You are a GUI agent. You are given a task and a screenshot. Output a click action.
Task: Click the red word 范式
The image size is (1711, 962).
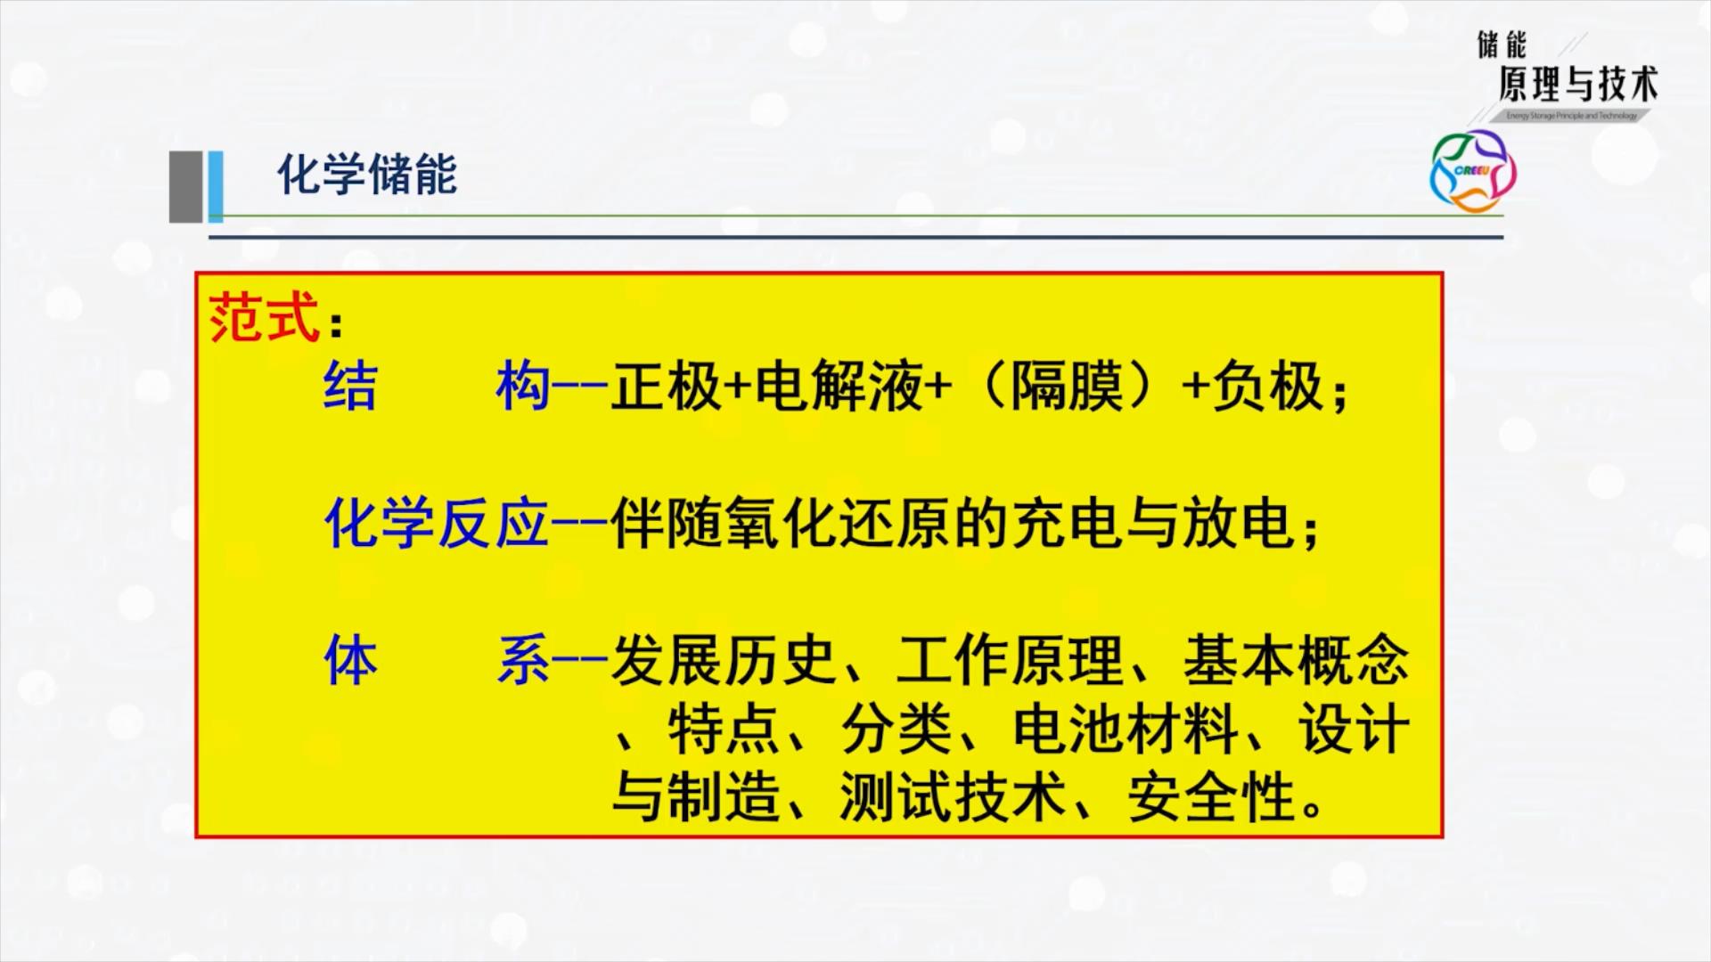click(264, 316)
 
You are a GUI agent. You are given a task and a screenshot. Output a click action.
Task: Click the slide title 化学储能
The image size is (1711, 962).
click(367, 174)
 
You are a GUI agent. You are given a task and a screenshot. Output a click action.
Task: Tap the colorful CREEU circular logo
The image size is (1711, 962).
click(1472, 170)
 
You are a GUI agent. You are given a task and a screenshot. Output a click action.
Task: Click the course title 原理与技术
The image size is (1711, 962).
click(1577, 85)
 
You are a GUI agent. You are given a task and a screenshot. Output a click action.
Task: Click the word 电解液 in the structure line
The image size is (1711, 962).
click(839, 387)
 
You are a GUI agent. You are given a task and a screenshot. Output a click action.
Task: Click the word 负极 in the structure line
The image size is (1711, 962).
click(1267, 387)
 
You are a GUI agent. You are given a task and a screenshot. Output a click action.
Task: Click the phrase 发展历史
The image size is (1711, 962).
click(723, 660)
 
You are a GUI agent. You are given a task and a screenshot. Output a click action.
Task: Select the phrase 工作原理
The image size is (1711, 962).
click(1010, 660)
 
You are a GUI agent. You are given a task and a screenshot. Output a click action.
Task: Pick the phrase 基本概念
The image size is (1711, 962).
click(1297, 660)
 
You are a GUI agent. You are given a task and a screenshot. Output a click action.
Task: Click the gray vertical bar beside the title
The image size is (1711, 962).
click(186, 186)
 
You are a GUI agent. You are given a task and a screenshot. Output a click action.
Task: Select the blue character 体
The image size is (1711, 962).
click(351, 660)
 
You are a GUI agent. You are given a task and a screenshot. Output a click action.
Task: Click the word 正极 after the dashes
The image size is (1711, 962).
click(666, 387)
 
